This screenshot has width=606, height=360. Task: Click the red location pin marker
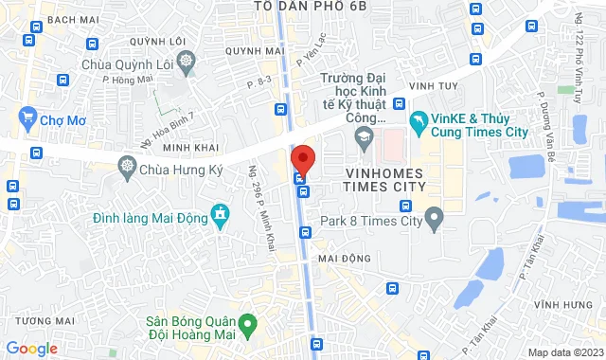tap(302, 159)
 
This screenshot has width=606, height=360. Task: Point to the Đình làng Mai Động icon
tap(221, 216)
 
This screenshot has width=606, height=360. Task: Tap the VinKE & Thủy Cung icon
tap(417, 123)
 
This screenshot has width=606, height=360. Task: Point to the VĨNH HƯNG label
tap(557, 305)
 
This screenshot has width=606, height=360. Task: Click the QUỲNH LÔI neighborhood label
tap(156, 42)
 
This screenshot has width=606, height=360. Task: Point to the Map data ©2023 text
tap(563, 352)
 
